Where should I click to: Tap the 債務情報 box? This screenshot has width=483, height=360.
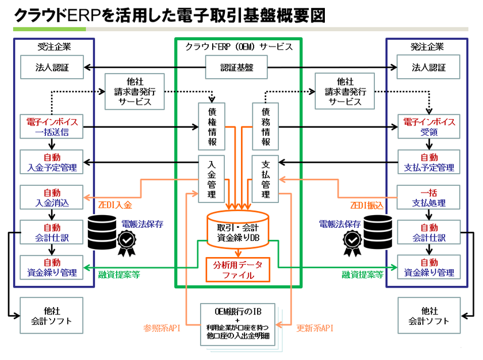point(264,127)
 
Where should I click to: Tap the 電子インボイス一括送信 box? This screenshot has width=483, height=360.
point(52,127)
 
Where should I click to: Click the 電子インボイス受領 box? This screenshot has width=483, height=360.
point(429,127)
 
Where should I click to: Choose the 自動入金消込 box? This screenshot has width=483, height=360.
point(52,197)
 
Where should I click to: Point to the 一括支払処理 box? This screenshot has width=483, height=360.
point(429,197)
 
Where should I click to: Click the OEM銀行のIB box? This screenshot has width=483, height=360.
point(237,324)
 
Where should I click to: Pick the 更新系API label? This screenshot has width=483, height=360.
point(315,328)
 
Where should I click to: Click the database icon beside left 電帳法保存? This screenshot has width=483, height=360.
point(101,229)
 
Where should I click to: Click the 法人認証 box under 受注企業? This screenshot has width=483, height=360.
point(52,67)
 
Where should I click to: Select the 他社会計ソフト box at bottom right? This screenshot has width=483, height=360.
point(429,315)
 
